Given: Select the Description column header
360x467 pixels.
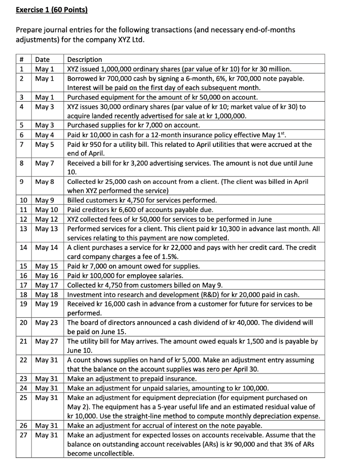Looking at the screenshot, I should (85, 60).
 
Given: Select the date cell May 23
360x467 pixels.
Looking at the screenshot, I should (46, 322).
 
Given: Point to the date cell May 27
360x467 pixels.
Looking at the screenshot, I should (46, 341).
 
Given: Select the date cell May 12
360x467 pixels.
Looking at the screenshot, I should (46, 219).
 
